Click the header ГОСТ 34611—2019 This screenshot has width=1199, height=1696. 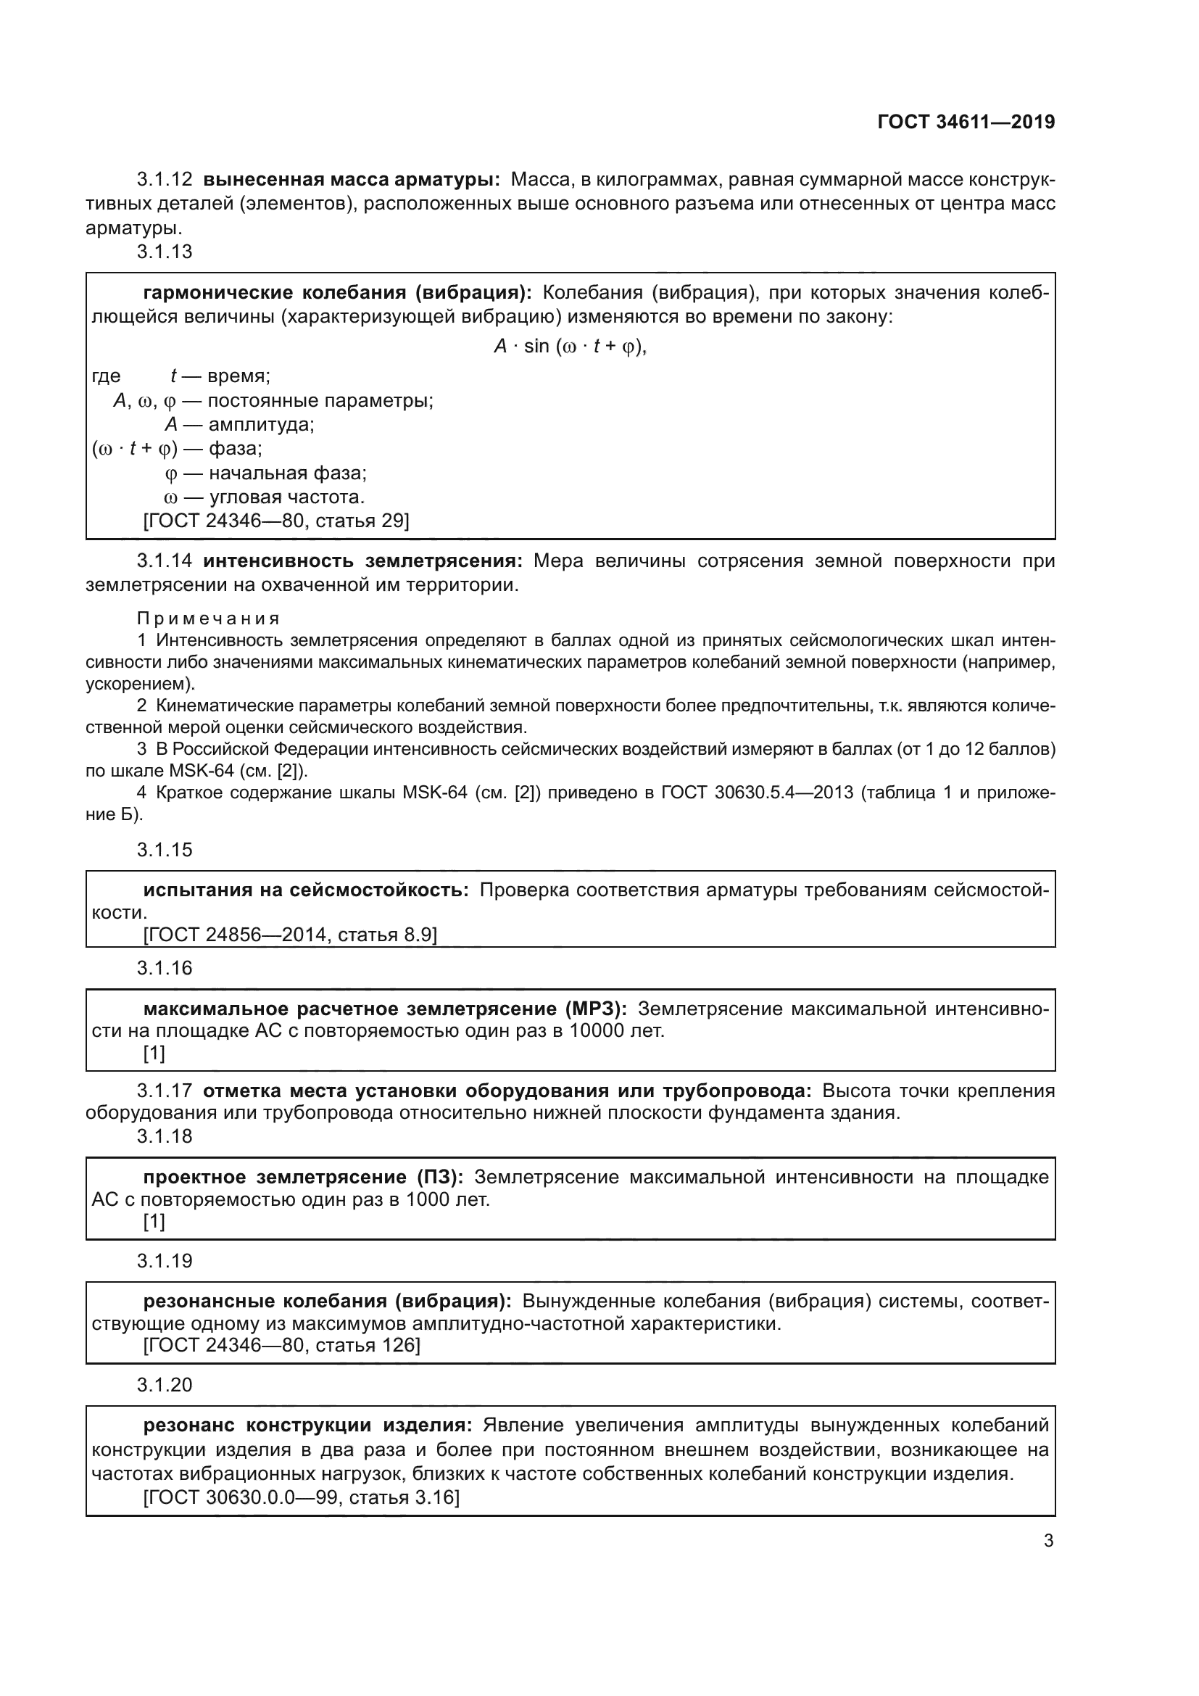966,122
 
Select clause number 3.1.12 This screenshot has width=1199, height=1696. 164,180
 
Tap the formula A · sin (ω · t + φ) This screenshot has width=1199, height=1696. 569,347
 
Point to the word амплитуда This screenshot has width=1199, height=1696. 262,425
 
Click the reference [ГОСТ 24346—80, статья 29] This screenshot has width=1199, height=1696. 276,521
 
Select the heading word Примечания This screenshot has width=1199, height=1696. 208,619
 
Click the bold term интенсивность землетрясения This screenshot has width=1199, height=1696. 362,561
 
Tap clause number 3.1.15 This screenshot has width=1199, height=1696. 164,850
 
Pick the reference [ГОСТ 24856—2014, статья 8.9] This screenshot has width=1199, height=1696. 290,935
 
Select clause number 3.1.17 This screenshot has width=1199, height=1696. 164,1091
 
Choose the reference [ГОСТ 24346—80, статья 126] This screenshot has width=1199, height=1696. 281,1345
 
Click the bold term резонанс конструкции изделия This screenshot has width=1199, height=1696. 307,1425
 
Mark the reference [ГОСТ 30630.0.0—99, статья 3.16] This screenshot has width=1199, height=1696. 302,1497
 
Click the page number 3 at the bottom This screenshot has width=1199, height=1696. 1048,1541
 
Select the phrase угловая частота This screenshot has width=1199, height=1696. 286,497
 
